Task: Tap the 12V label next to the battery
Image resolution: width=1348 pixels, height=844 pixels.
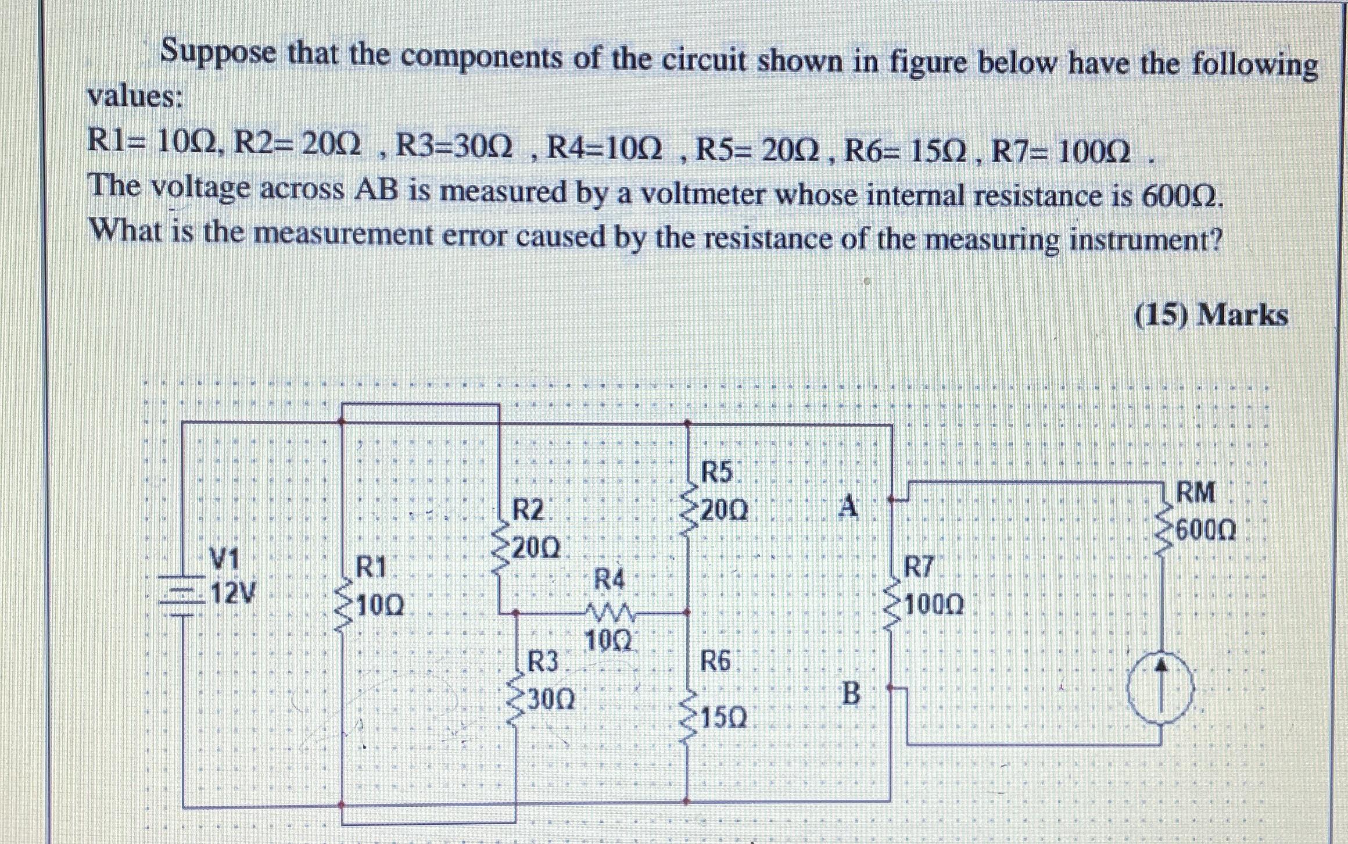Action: (x=231, y=593)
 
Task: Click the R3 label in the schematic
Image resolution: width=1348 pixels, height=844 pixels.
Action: (x=542, y=661)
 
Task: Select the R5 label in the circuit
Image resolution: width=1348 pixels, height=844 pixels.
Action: (x=717, y=473)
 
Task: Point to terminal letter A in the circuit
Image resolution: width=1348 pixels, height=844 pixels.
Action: (x=849, y=507)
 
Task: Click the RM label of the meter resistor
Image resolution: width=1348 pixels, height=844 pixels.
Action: (x=1195, y=493)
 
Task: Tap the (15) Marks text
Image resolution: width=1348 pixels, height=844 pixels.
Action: (x=1211, y=316)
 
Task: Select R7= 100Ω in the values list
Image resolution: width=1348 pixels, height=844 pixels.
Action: (x=1061, y=153)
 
